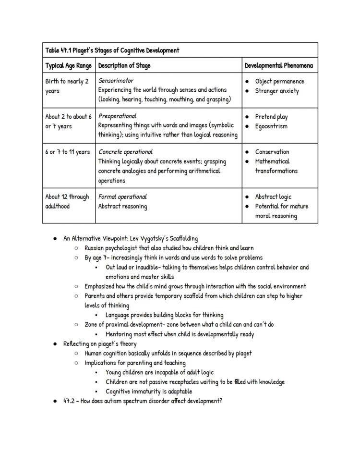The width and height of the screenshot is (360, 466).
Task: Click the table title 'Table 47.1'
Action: click(x=60, y=50)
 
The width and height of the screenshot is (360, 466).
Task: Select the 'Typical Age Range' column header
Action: click(x=69, y=65)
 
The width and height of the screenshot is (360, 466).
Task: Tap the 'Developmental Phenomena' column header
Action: click(x=278, y=65)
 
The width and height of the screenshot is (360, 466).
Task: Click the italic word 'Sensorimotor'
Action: click(x=116, y=81)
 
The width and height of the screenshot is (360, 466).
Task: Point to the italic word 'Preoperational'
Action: click(x=118, y=116)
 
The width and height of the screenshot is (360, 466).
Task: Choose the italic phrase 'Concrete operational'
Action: click(x=126, y=152)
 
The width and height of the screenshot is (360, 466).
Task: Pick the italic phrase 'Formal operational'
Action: click(x=123, y=196)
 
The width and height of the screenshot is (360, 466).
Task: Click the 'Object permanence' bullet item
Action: click(x=279, y=81)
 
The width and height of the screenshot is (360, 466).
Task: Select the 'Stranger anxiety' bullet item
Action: click(x=277, y=91)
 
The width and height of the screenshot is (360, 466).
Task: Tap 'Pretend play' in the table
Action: click(x=272, y=117)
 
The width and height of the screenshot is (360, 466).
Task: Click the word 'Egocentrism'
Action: click(x=271, y=126)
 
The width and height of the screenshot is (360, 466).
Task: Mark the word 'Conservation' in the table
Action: click(x=272, y=152)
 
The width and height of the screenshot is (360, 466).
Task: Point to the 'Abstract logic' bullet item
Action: click(x=273, y=196)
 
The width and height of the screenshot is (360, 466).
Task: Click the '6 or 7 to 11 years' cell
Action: click(x=68, y=152)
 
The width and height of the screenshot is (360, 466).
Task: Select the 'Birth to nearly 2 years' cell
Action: click(x=67, y=86)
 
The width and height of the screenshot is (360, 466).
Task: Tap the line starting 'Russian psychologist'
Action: click(x=169, y=248)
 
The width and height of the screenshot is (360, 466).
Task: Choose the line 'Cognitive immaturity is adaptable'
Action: click(x=149, y=391)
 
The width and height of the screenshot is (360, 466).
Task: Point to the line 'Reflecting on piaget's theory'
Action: click(x=100, y=343)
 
